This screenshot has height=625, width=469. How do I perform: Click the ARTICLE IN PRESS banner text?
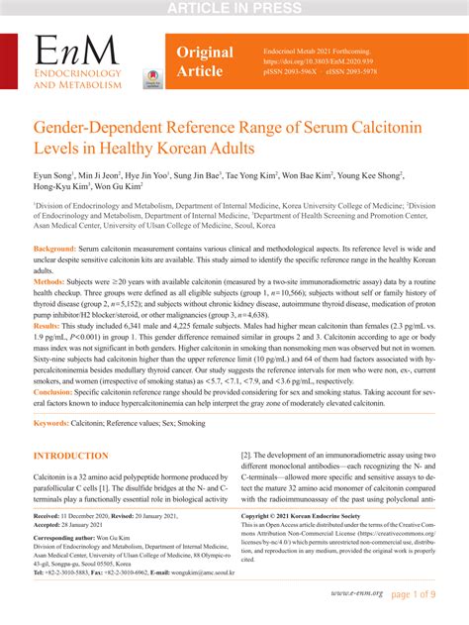coord(234,9)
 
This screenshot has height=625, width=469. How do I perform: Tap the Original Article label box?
coord(205,62)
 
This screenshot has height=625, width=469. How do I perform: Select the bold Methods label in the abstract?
coord(55,281)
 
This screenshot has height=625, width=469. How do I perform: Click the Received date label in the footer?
coord(49,517)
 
